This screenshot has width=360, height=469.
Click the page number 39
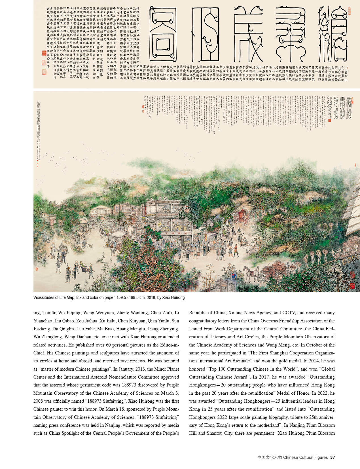pos(333,457)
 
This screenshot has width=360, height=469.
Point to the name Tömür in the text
pos(49,313)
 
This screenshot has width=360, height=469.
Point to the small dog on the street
pos(91,246)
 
